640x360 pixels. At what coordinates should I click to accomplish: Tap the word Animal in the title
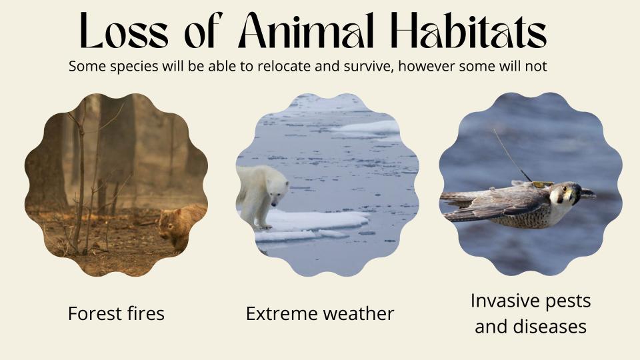tap(305, 30)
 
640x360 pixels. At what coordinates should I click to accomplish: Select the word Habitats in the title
tap(469, 30)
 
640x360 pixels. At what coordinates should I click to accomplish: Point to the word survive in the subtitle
tap(367, 67)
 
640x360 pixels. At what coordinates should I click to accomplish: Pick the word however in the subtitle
tap(427, 66)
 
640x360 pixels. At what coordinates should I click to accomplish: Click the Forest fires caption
tap(116, 314)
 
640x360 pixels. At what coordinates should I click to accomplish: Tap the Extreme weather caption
tap(320, 314)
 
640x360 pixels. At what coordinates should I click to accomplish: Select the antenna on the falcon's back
tap(512, 155)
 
